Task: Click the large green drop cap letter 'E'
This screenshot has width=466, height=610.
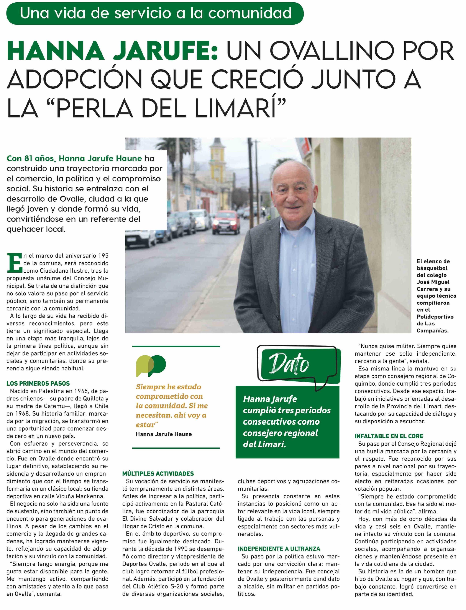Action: [x=14, y=262]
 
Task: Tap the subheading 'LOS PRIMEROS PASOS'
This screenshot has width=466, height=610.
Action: [x=38, y=383]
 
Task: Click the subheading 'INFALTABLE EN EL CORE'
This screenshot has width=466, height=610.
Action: [x=389, y=436]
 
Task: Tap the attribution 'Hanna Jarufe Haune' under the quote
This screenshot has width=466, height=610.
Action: [x=164, y=434]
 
